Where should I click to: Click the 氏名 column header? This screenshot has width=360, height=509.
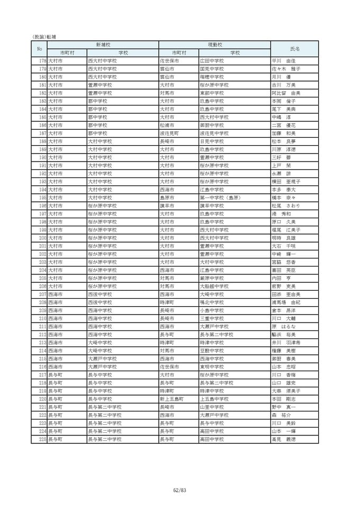295,49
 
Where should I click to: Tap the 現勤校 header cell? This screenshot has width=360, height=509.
214,45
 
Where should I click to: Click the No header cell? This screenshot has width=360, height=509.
39,49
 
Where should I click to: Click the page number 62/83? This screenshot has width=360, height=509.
180,490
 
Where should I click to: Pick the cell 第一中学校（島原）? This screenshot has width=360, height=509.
220,198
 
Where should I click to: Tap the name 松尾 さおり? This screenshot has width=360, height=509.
284,206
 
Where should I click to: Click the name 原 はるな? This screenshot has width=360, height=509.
284,326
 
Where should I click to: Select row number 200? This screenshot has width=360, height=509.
42,238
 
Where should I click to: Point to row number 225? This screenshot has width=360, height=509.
42,439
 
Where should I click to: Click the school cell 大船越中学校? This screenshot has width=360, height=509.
214,286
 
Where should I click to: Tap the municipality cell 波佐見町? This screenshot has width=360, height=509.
173,133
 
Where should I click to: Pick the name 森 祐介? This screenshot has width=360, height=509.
279,415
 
